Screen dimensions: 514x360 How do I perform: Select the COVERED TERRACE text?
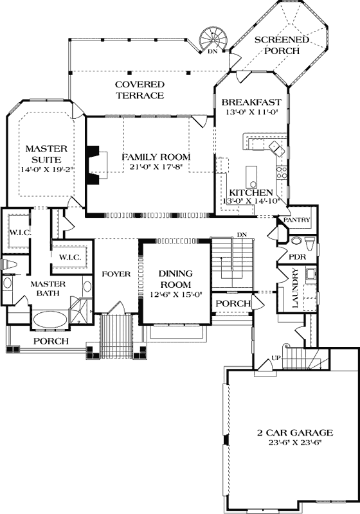click(139, 90)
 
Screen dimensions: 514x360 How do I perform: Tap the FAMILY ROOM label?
click(156, 157)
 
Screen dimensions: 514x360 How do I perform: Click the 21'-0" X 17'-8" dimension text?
click(156, 168)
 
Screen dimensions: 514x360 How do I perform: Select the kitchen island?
click(251, 173)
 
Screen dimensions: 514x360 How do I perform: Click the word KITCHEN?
click(252, 193)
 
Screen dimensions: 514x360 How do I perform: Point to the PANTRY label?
click(297, 220)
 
